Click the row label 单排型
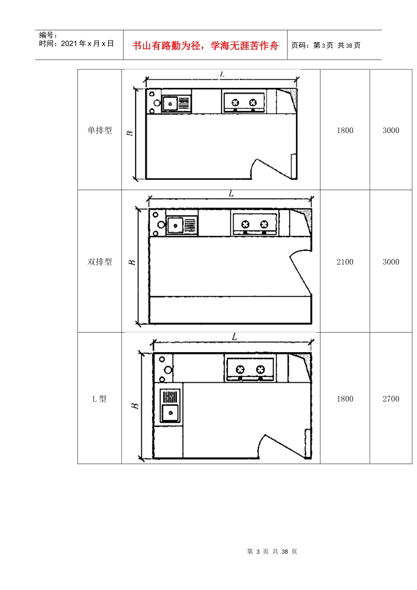pyautogui.click(x=100, y=130)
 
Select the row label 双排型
pyautogui.click(x=100, y=262)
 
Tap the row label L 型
pyautogui.click(x=100, y=399)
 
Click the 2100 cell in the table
pyautogui.click(x=345, y=262)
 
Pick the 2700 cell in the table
pyautogui.click(x=391, y=399)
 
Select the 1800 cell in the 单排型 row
pyautogui.click(x=345, y=130)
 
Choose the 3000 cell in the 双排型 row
pyautogui.click(x=391, y=262)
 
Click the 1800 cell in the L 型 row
pyautogui.click(x=345, y=399)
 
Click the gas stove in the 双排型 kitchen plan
pyautogui.click(x=255, y=224)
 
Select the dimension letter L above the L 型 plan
pyautogui.click(x=234, y=337)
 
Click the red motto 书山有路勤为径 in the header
pyautogui.click(x=205, y=46)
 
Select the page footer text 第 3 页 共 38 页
pyautogui.click(x=272, y=551)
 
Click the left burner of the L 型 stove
pyautogui.click(x=240, y=369)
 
